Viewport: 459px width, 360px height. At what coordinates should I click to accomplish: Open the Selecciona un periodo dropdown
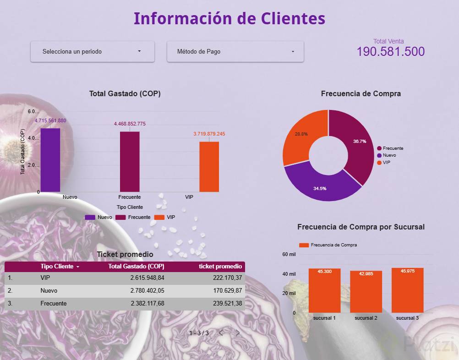pyautogui.click(x=92, y=51)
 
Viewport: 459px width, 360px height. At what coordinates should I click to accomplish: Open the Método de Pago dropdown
pyautogui.click(x=235, y=51)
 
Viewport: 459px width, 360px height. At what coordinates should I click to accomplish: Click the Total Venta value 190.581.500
pyautogui.click(x=390, y=52)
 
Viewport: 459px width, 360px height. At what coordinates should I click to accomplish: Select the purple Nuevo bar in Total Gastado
pyautogui.click(x=50, y=160)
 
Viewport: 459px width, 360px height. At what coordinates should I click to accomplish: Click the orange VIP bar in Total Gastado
pyautogui.click(x=209, y=167)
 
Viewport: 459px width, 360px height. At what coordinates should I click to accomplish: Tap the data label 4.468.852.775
pyautogui.click(x=130, y=124)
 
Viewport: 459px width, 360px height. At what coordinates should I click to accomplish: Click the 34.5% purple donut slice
pyautogui.click(x=321, y=183)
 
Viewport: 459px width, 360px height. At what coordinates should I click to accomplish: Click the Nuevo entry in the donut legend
pyautogui.click(x=389, y=155)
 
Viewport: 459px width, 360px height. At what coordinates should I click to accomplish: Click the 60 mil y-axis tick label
pyautogui.click(x=289, y=254)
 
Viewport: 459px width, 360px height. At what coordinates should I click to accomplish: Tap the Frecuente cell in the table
pyautogui.click(x=54, y=303)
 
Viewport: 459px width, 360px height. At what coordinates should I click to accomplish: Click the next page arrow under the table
pyautogui.click(x=238, y=333)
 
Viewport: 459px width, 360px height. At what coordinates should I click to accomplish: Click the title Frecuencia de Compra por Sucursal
pyautogui.click(x=361, y=227)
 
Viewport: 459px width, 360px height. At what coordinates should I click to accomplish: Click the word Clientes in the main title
pyautogui.click(x=293, y=19)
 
